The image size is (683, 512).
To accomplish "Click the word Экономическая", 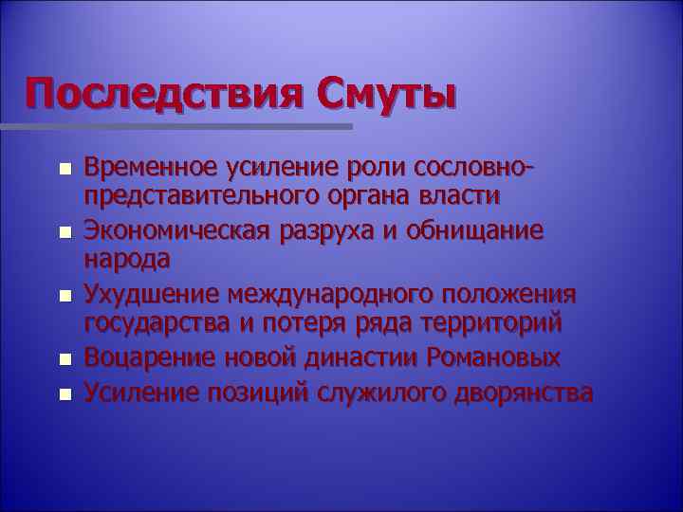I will pyautogui.click(x=180, y=230).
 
